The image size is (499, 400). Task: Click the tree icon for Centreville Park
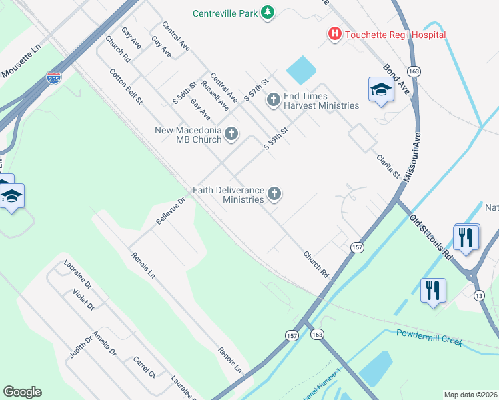click(268, 13)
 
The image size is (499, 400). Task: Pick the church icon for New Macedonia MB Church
click(231, 134)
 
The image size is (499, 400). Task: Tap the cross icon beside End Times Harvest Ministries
click(272, 101)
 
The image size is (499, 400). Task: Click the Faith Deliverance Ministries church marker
click(273, 195)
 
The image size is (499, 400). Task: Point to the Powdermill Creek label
click(429, 337)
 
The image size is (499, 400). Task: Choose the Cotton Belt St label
click(126, 87)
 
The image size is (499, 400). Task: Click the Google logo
click(22, 392)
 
